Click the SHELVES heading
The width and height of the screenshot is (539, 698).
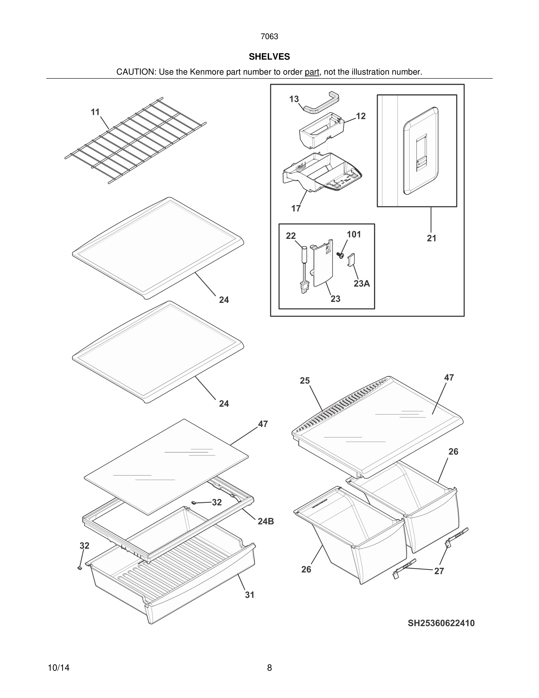coord(269,57)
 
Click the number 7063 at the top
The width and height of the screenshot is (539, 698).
coord(269,36)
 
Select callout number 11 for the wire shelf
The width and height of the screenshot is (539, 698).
coord(95,112)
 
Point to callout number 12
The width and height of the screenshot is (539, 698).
coord(361,116)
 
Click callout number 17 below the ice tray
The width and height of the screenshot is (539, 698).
coord(296,208)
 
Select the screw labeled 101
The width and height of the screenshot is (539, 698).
coord(340,255)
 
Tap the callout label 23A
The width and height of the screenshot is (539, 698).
coord(361,283)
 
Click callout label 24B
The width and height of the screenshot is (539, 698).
coord(266,521)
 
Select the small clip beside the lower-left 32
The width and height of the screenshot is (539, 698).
coord(80,568)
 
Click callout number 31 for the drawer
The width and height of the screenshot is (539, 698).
coord(250,595)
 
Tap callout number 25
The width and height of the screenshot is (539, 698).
coord(305,381)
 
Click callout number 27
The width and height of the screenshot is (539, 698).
coord(439,571)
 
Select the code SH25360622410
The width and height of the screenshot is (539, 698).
coord(441,623)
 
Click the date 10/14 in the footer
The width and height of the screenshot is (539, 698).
coord(58,668)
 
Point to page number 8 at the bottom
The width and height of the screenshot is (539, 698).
coord(269,668)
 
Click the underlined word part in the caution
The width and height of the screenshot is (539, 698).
coord(312,72)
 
